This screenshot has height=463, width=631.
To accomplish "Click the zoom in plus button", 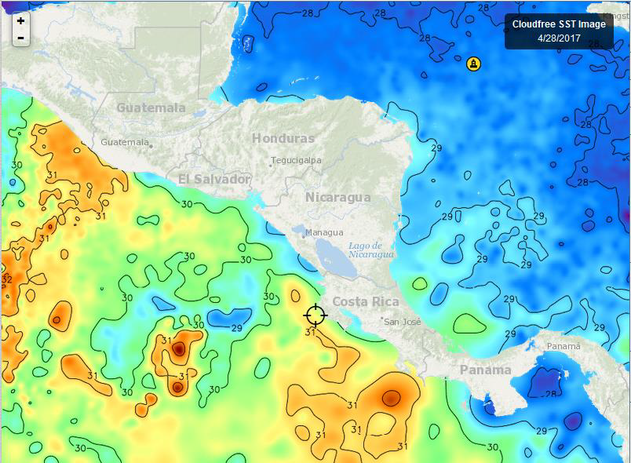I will [20, 21].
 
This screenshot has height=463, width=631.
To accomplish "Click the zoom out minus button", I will [20, 38].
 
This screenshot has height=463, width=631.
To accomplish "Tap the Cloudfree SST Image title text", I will [558, 24].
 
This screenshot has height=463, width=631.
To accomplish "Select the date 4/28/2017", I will [558, 38].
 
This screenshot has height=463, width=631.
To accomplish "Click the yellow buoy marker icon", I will [473, 64].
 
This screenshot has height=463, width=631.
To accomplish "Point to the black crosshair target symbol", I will [315, 315].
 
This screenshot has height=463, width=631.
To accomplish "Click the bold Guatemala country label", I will [151, 108].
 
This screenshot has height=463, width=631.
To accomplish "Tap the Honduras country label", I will [283, 138].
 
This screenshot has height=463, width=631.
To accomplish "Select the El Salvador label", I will [213, 180].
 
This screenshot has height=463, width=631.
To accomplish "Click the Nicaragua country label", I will [337, 197].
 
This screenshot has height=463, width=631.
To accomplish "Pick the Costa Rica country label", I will [365, 302].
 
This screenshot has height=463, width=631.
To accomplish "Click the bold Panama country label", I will [485, 370].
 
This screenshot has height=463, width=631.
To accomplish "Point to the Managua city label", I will [323, 232].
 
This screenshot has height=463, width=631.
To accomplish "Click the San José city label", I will [403, 322].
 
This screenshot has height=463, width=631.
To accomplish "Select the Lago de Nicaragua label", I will [370, 250].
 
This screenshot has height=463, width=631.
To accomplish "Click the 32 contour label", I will [6, 280].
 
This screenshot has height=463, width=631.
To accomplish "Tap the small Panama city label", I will [564, 346].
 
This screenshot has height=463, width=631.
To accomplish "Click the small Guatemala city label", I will [125, 143].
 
